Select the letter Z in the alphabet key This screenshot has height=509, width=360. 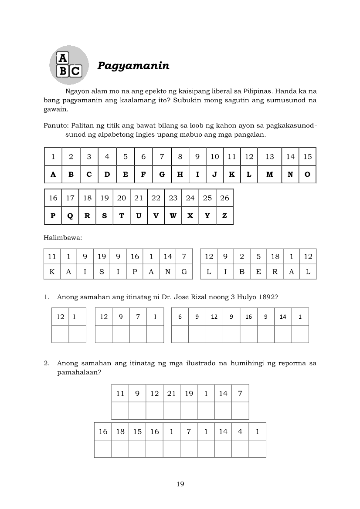[224, 216]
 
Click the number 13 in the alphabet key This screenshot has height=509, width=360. [270, 157]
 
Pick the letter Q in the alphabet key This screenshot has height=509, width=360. [70, 216]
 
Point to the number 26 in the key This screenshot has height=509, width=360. [224, 198]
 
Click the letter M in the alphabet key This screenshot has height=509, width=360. [270, 174]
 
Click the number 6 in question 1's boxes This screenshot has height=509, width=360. [180, 317]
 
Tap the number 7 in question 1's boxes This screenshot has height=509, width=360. [138, 317]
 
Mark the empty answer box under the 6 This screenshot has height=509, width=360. [180, 334]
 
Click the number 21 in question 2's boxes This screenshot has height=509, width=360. [171, 394]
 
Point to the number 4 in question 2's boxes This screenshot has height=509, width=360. [240, 432]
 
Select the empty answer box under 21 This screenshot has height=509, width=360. [171, 411]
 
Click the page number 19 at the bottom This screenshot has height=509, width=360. [180, 484]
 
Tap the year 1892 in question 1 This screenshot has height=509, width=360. [269, 297]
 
